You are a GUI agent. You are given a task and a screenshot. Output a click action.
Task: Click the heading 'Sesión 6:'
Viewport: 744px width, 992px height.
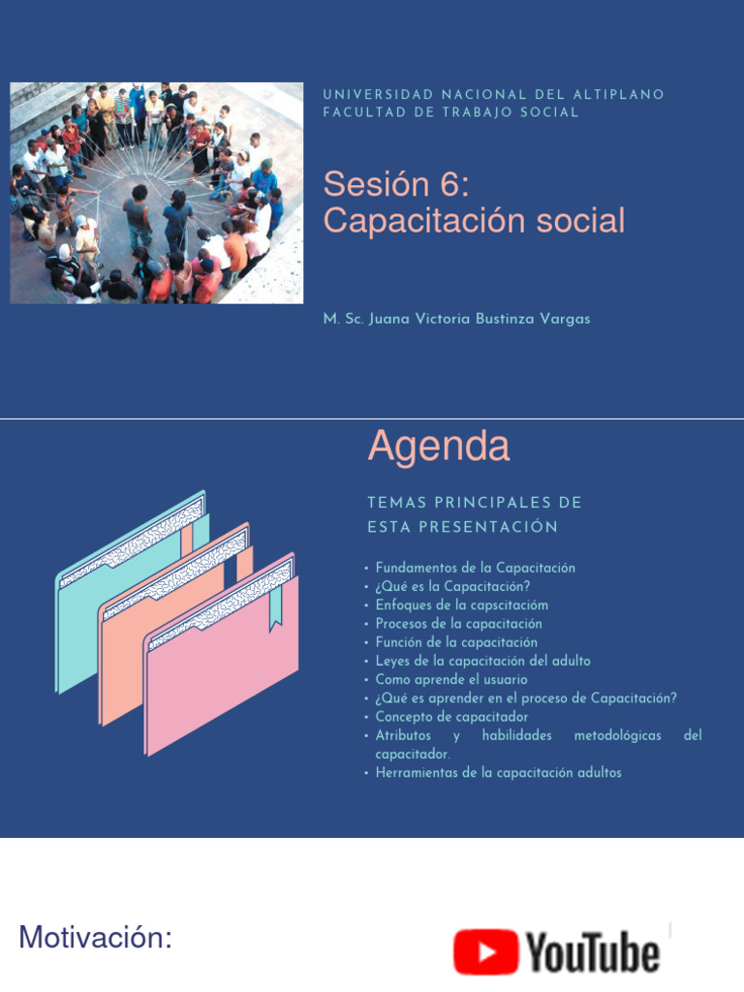tap(395, 183)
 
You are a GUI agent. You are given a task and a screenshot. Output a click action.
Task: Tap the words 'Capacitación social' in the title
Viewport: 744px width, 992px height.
tap(474, 221)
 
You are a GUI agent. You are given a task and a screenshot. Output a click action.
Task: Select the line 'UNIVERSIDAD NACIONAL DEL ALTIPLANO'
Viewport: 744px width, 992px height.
tap(493, 95)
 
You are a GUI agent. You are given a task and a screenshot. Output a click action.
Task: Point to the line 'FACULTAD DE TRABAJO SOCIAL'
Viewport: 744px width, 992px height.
tap(450, 112)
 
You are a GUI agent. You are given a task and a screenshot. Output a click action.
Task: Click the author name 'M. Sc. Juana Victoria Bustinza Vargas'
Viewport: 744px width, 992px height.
tap(456, 319)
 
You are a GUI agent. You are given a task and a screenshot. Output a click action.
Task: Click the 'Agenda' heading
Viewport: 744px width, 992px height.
tap(438, 446)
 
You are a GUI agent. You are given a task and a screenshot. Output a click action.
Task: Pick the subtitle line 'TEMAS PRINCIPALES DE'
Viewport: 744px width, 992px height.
tap(475, 503)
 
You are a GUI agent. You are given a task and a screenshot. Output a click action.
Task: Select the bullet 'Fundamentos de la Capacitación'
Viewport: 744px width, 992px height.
tap(475, 568)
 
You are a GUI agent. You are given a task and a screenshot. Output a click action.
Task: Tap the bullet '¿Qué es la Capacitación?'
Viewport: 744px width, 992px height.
tap(452, 586)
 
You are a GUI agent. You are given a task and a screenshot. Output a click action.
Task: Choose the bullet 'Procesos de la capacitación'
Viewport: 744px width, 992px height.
tap(458, 624)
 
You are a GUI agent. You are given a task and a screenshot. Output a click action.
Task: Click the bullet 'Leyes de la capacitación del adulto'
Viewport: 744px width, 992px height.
tap(482, 661)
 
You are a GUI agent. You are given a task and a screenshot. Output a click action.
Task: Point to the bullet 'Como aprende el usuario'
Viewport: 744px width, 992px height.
tap(451, 680)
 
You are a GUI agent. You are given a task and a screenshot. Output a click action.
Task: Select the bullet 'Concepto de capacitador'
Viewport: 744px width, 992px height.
tap(451, 717)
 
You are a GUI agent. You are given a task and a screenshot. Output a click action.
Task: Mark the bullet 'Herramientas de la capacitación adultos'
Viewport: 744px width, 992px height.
tap(498, 773)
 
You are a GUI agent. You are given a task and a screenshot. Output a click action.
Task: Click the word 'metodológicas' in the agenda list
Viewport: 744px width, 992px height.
tap(617, 736)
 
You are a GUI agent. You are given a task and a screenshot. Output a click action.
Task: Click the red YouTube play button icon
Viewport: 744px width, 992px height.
tap(486, 952)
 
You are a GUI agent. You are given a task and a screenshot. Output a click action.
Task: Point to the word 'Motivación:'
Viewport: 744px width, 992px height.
tap(95, 938)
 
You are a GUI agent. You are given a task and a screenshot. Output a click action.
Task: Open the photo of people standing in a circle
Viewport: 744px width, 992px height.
tap(156, 193)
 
